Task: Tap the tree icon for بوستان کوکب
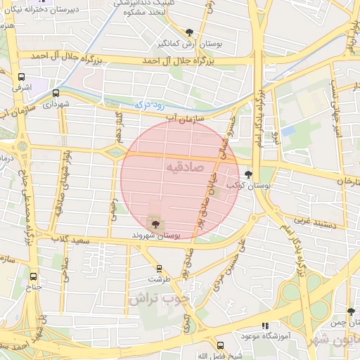[248, 174]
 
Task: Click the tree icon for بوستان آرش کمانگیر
[189, 32]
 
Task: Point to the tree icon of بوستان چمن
[351, 311]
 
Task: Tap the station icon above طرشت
[160, 268]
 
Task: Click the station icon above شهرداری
[56, 92]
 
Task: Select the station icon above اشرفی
[21, 77]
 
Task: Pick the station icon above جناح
[34, 275]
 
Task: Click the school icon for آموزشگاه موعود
[265, 326]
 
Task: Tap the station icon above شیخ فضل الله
[220, 345]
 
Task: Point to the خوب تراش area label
[160, 298]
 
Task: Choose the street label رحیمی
[114, 207]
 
